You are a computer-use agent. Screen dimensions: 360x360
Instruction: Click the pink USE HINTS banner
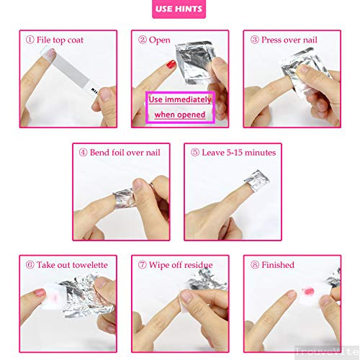tap(180, 9)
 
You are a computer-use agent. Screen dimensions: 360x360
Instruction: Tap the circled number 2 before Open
tap(143, 40)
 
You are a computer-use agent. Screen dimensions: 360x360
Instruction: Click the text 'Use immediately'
tap(180, 99)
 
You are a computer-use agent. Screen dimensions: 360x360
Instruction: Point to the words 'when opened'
tap(180, 114)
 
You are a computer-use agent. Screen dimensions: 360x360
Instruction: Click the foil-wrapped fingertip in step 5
tap(255, 177)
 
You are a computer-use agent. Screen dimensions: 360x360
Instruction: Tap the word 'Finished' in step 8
tap(277, 264)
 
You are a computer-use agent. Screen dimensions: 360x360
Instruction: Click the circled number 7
tap(143, 264)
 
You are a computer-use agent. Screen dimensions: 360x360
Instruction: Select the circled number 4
tap(84, 152)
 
